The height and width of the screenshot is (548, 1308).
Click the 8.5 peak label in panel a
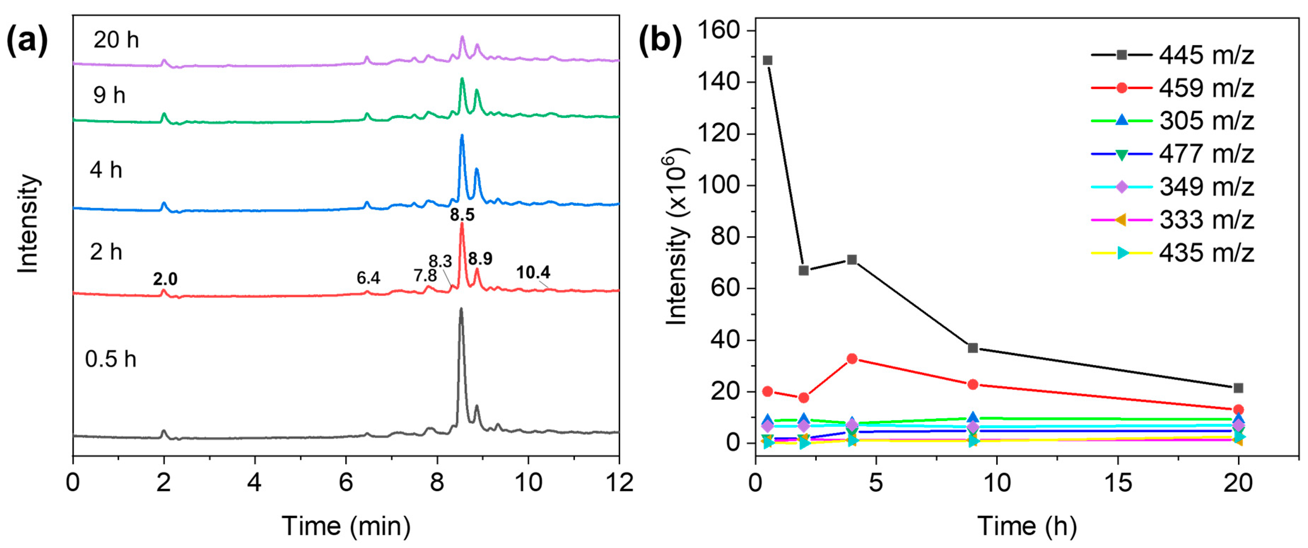point(462,214)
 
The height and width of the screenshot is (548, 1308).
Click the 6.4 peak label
point(368,278)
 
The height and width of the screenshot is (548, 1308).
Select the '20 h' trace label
point(116,40)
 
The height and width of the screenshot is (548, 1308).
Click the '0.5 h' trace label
point(110,359)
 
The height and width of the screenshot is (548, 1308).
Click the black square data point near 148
point(768,60)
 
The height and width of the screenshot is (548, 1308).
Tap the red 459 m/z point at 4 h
point(852,359)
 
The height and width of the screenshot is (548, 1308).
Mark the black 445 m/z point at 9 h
point(973,348)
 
